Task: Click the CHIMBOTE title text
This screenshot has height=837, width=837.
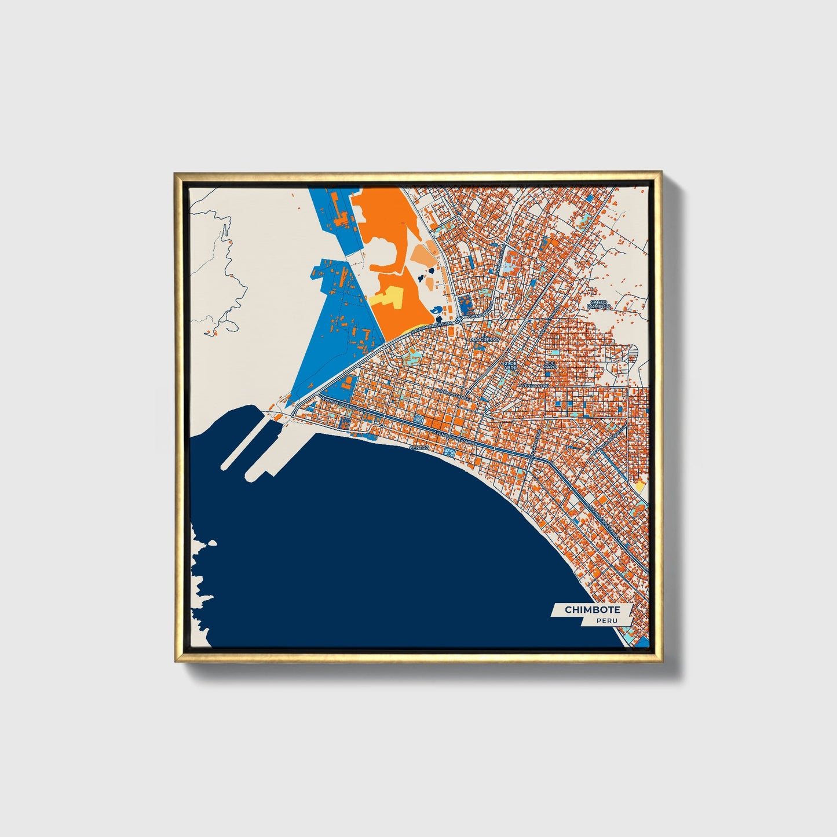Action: pos(592,609)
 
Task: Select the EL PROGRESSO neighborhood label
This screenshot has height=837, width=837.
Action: pos(484,338)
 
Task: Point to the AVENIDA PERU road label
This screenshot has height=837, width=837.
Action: pos(533,385)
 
